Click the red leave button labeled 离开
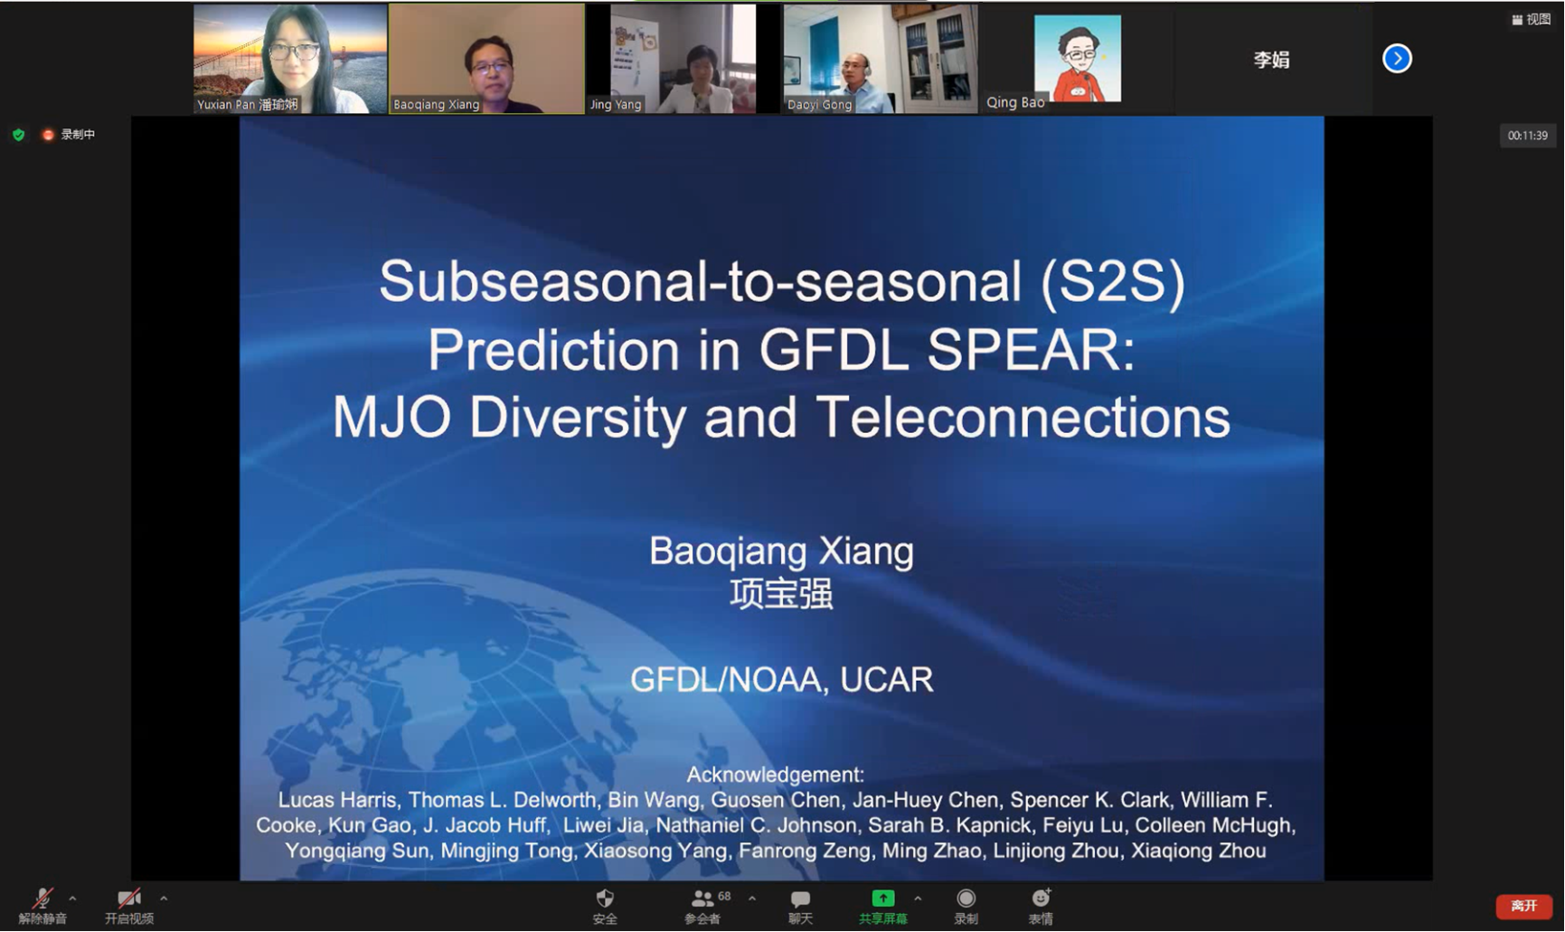click(x=1523, y=906)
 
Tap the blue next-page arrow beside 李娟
click(x=1397, y=59)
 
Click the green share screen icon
click(x=882, y=899)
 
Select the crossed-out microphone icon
click(x=42, y=899)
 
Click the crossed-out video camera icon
click(x=129, y=899)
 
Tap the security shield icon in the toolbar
click(x=605, y=898)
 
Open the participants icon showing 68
click(x=702, y=899)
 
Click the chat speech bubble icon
click(x=800, y=899)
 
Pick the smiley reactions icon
click(x=1041, y=898)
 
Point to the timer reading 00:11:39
click(x=1527, y=136)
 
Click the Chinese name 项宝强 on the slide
click(x=781, y=594)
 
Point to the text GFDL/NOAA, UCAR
click(x=781, y=680)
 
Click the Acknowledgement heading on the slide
click(x=776, y=775)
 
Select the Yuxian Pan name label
click(x=247, y=104)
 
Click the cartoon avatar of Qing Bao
click(x=1077, y=58)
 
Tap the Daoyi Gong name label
click(x=819, y=104)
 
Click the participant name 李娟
click(x=1271, y=60)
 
